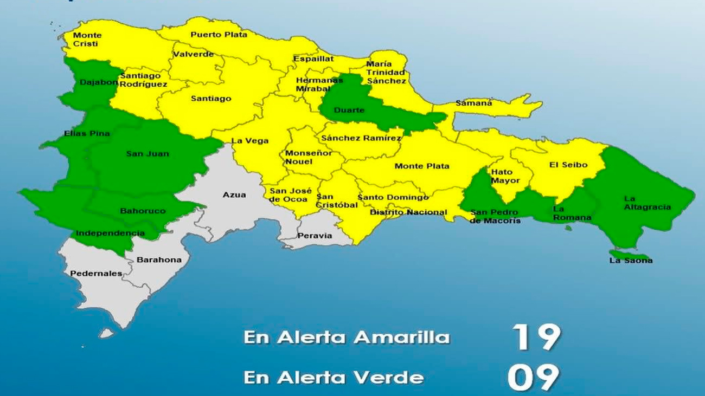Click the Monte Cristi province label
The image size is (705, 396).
87,40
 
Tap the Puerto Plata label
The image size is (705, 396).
219,35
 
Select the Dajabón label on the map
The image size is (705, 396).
98,83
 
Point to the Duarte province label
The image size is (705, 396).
349,111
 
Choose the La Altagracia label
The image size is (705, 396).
647,203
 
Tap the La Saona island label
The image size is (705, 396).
631,261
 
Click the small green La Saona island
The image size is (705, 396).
629,254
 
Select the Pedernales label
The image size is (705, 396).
96,274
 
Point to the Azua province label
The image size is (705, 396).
234,194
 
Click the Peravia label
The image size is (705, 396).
315,236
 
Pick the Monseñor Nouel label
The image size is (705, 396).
309,157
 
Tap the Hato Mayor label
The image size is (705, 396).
505,176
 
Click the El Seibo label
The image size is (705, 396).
568,165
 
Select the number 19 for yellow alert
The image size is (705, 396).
536,337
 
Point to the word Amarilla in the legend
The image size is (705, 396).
401,337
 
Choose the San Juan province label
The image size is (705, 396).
148,154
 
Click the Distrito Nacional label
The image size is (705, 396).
408,212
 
